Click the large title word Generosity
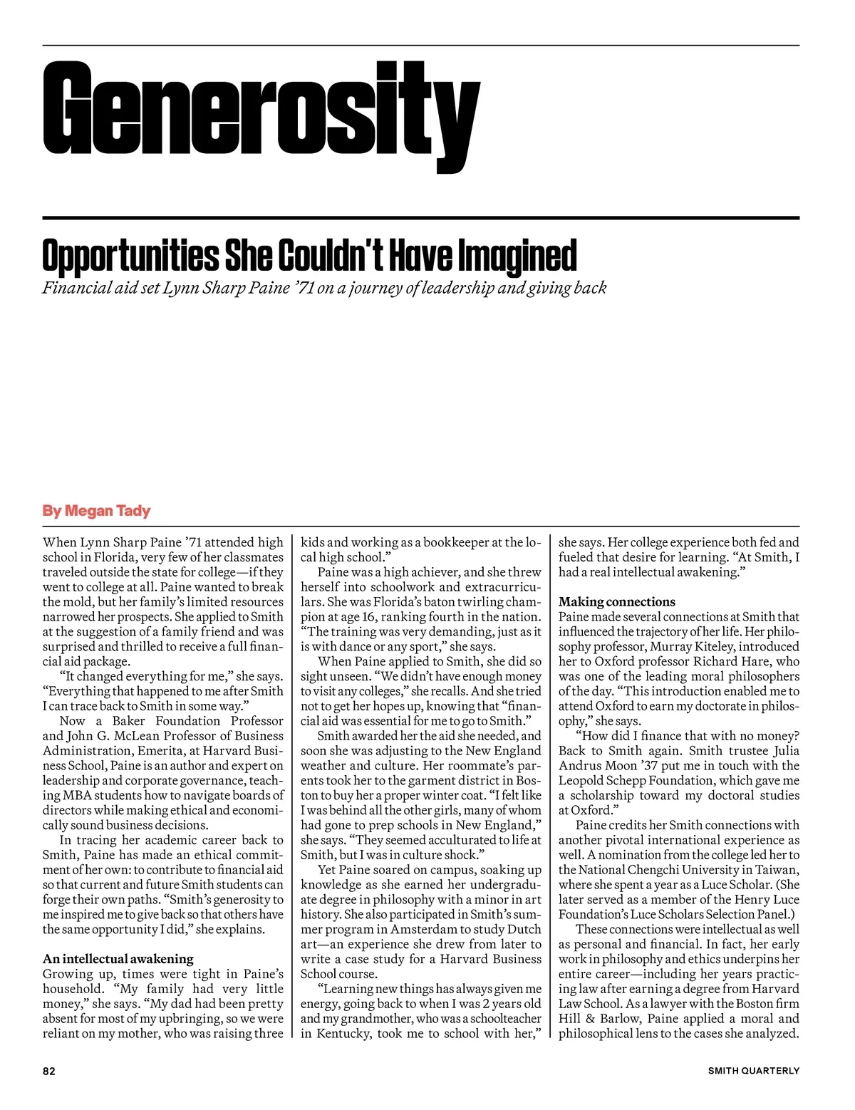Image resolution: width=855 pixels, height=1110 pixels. (x=261, y=116)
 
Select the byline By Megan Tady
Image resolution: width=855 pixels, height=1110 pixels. (x=96, y=511)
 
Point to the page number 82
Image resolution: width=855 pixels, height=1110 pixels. (x=48, y=1070)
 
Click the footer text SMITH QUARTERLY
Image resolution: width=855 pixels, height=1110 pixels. (x=753, y=1070)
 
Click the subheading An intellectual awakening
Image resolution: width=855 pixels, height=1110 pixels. (x=118, y=959)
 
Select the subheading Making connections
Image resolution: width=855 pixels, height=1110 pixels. (x=616, y=602)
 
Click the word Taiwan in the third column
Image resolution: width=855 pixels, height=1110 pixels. (x=775, y=870)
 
